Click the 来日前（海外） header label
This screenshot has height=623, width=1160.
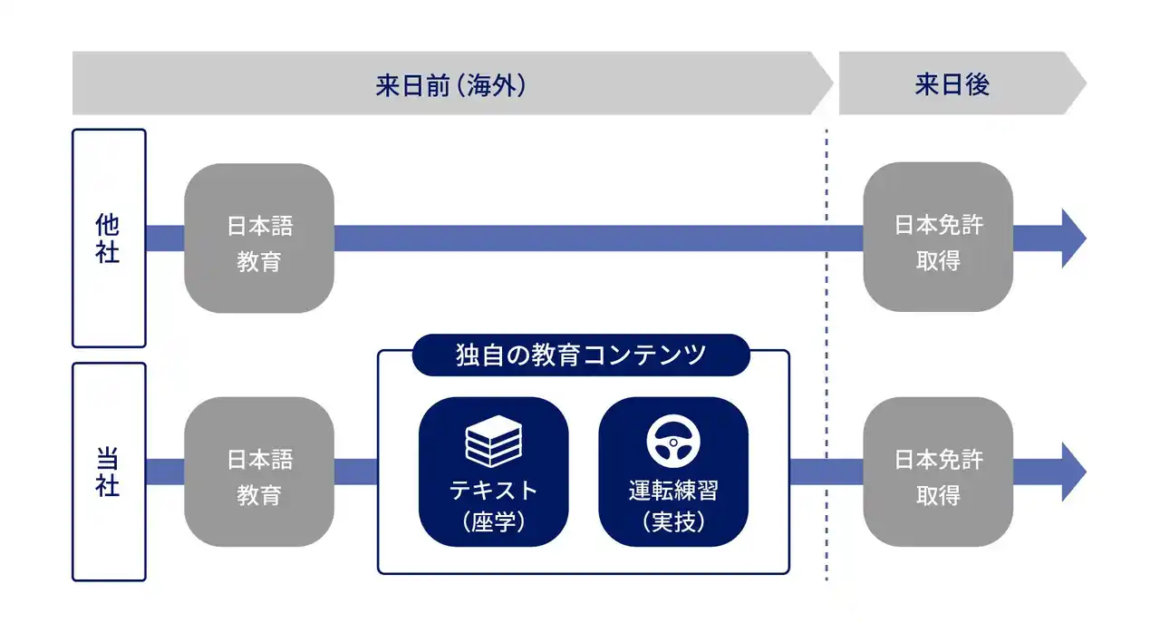[450, 85]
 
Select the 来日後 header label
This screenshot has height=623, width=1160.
[952, 85]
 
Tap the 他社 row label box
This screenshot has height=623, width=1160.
[109, 238]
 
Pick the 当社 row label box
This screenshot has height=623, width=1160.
[109, 472]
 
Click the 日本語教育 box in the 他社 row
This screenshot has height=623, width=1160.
[259, 238]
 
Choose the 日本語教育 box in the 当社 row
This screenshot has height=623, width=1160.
[259, 472]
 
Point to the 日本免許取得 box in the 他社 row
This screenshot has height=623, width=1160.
[938, 238]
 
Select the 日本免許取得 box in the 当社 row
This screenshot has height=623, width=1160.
[938, 472]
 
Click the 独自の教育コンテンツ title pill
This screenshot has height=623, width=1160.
[581, 355]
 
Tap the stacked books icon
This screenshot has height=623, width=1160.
[493, 442]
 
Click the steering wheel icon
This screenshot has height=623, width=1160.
[673, 442]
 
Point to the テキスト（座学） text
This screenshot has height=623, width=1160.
[494, 506]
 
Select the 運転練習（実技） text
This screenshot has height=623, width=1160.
[673, 506]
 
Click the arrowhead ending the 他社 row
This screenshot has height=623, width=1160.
[1073, 238]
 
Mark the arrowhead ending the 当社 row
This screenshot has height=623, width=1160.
[1073, 472]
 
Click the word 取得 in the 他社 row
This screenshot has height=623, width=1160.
[938, 261]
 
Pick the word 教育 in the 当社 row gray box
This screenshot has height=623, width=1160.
[259, 495]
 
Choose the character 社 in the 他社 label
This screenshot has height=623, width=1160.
[108, 253]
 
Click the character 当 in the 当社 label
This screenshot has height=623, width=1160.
[108, 457]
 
